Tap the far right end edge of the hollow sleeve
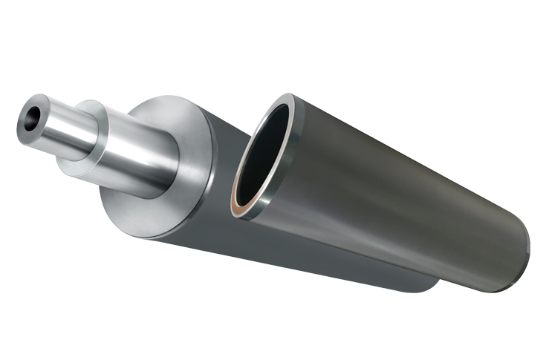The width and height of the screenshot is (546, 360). [527, 245]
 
